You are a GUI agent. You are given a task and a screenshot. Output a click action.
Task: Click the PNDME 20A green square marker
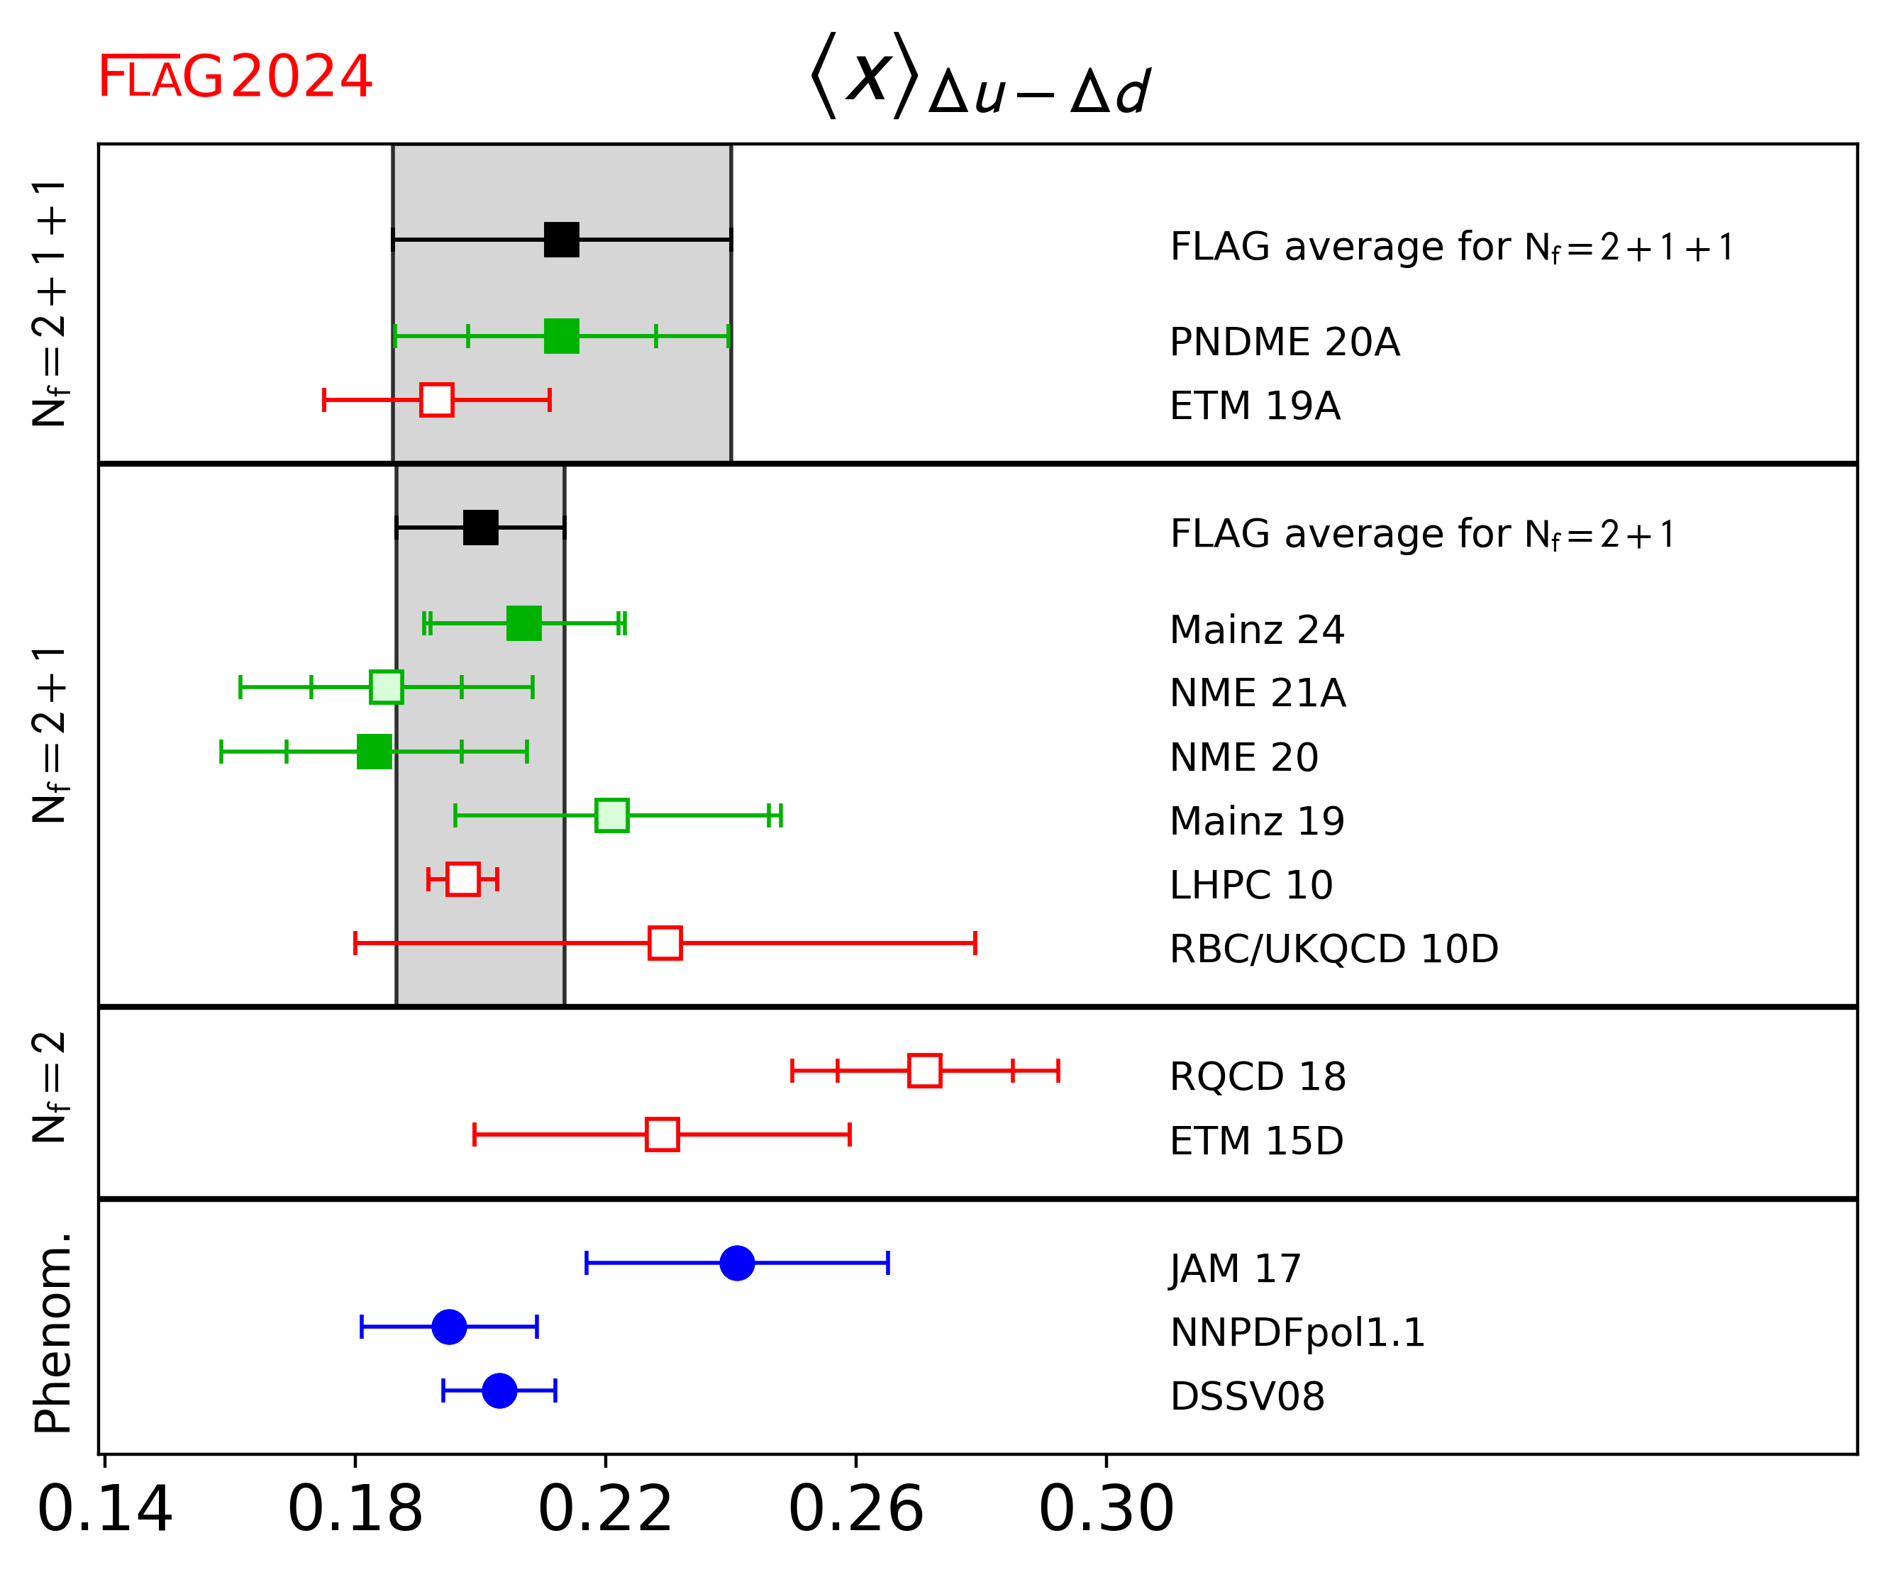[x=561, y=336]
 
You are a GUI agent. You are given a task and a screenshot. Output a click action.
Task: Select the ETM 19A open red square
[x=436, y=399]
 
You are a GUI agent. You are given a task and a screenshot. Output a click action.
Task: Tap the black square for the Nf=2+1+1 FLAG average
[x=561, y=240]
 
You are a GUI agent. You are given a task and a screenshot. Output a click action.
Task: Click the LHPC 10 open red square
[x=462, y=879]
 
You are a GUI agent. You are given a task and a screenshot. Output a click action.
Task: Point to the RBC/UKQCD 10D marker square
[x=665, y=942]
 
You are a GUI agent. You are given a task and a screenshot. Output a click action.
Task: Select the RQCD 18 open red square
[x=924, y=1070]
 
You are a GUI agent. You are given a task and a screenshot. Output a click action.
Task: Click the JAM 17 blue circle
[x=736, y=1263]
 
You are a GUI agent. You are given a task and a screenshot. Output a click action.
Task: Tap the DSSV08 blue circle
[x=499, y=1390]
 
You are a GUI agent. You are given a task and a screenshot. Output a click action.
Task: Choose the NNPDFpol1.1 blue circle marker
[x=449, y=1326]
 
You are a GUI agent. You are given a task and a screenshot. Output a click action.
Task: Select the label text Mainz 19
[x=1256, y=820]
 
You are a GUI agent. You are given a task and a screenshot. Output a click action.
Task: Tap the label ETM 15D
[x=1255, y=1141]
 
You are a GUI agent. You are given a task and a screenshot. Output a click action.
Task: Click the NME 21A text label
[x=1258, y=693]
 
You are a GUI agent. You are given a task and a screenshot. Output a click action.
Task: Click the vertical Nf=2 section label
[x=50, y=1087]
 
